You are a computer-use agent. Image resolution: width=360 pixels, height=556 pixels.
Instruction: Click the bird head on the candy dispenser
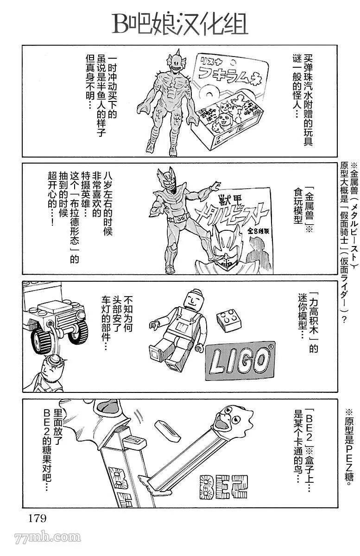(x=235, y=420)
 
